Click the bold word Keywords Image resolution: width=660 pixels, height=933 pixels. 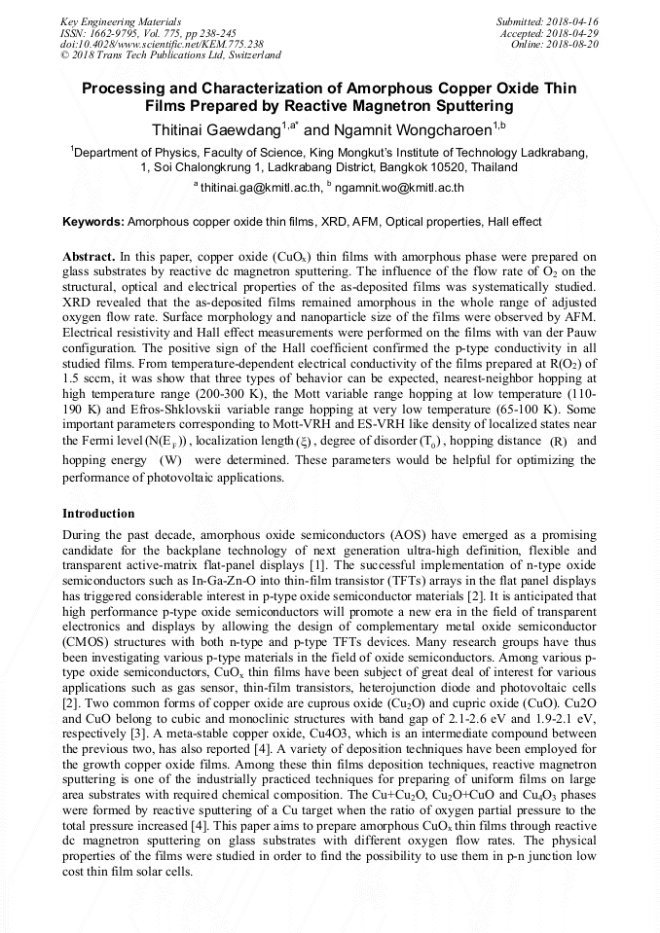[92, 222]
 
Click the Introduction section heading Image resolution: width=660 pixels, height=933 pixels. [98, 513]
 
